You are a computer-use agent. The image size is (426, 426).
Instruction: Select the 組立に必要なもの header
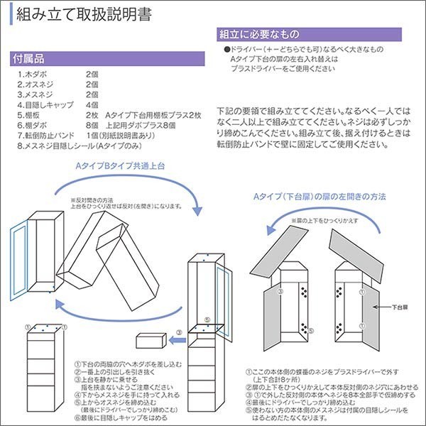click(259, 34)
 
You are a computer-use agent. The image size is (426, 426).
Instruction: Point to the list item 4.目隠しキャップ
click(44, 104)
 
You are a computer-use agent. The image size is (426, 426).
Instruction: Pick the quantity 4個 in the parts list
click(92, 104)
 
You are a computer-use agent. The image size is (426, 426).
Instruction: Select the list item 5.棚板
click(31, 114)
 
